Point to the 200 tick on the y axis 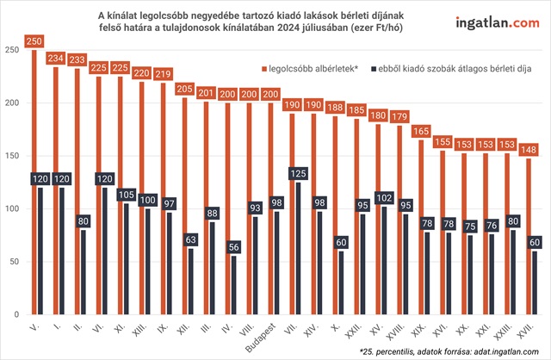pos(12,102)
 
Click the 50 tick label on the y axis pos(15,262)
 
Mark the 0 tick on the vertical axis pos(17,315)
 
